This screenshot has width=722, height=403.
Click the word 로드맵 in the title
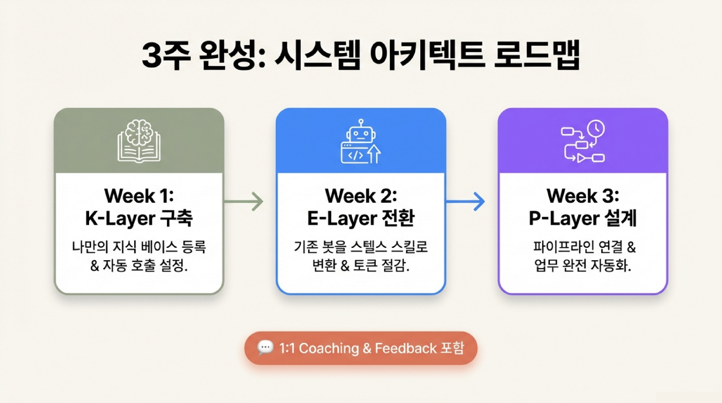click(537, 55)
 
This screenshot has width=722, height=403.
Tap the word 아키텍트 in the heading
click(427, 55)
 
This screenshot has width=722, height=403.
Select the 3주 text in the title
click(166, 55)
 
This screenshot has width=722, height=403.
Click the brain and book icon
click(139, 141)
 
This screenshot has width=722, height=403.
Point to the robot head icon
click(360, 132)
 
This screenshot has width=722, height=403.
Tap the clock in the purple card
click(596, 129)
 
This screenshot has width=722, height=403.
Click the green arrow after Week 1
click(244, 201)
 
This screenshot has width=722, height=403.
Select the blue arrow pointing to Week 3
click(465, 201)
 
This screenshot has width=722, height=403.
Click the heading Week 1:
click(139, 196)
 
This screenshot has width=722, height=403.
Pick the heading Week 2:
click(360, 196)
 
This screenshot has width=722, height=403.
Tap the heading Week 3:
click(583, 196)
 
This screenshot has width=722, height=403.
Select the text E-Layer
click(342, 218)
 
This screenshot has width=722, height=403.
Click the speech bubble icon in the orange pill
click(265, 348)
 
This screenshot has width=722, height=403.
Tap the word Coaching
click(329, 348)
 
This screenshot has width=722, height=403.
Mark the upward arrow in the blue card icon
click(374, 154)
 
